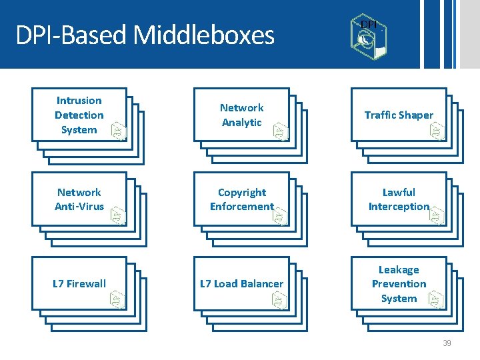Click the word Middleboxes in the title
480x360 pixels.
coord(204,35)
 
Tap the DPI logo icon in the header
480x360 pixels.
coord(366,33)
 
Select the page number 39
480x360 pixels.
coord(447,343)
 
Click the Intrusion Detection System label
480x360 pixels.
coord(79,115)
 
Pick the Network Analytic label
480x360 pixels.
coord(241,115)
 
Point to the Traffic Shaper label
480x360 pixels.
coord(399,115)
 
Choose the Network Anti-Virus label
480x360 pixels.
coord(79,199)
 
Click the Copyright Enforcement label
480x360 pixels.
coord(241,199)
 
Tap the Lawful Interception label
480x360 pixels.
coord(399,199)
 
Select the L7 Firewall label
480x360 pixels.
coord(79,283)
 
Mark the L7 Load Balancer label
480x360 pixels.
coord(241,283)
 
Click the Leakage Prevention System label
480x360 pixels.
coord(399,284)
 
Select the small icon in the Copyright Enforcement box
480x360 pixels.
coord(280,215)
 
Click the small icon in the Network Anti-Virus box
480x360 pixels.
coord(119,215)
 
